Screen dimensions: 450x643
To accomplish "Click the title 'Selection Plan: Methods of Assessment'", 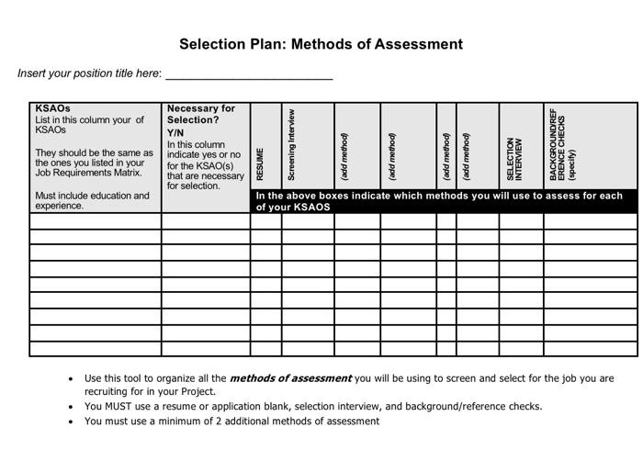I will coord(321,44).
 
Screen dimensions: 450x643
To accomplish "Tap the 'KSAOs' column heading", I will coord(52,108).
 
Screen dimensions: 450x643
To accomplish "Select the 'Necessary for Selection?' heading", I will coord(201,114).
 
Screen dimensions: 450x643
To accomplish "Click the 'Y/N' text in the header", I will coord(175,133).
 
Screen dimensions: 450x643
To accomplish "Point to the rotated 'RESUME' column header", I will coord(261,163).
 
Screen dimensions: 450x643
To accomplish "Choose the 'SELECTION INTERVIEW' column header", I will coord(514,159).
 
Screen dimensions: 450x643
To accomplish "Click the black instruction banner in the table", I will coord(444,201).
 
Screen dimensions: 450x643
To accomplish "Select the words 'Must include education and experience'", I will coord(91,200).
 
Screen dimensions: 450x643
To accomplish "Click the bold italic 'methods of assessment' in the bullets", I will coord(290,377).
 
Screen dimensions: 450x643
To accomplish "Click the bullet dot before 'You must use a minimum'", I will coord(72,422).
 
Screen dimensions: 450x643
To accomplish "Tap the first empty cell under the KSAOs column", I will coord(96,221).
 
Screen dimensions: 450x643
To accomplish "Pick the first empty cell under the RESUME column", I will coord(265,221).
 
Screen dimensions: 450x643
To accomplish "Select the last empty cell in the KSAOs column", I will coord(96,348).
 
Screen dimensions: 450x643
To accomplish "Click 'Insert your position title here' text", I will coord(89,73).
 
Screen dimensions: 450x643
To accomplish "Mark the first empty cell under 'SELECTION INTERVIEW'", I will coord(521,221).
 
